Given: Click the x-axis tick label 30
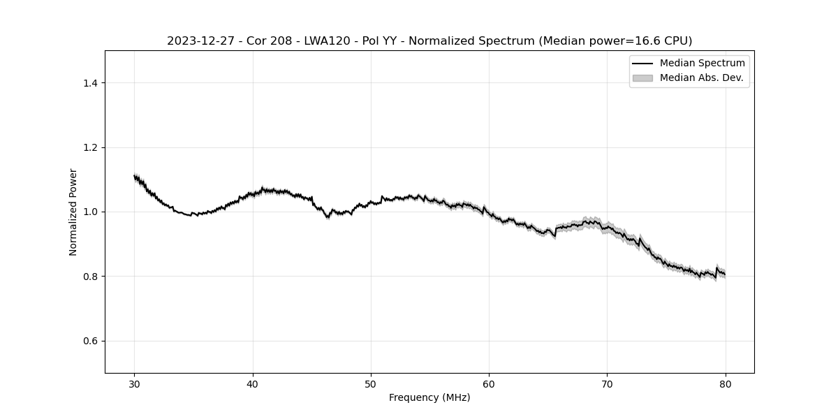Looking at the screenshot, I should click(x=135, y=384).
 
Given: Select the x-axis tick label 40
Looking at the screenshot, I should click(x=253, y=384).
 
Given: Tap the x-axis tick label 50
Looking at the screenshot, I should click(x=371, y=384).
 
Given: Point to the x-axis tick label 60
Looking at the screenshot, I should click(x=489, y=384).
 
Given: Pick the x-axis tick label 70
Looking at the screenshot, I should click(x=607, y=384).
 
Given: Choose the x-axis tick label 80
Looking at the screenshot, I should click(x=726, y=384).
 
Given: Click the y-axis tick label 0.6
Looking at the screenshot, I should click(x=89, y=341).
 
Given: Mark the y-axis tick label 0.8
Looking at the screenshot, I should click(x=89, y=277).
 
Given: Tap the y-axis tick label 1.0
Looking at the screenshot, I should click(x=89, y=212).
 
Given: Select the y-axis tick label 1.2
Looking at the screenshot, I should click(x=89, y=147).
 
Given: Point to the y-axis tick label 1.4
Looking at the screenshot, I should click(x=89, y=83).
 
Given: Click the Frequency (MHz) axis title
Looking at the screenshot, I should click(x=429, y=397).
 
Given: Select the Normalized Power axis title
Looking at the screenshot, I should click(x=73, y=212).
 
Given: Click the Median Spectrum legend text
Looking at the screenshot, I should click(x=702, y=64).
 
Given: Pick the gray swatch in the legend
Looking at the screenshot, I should click(x=642, y=78).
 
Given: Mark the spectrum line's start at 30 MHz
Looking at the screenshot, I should click(x=135, y=176).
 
